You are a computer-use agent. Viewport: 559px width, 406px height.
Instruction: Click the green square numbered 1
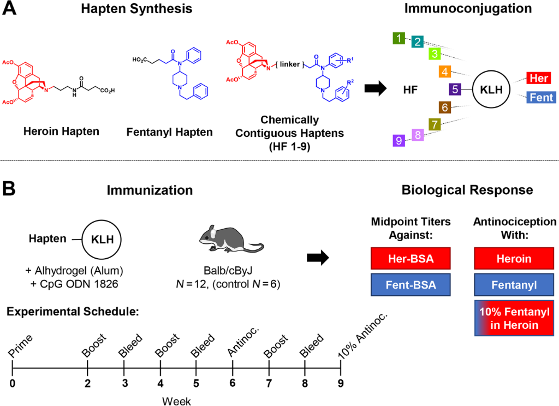pyautogui.click(x=400, y=38)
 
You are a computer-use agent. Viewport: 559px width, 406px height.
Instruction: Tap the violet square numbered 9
pyautogui.click(x=400, y=140)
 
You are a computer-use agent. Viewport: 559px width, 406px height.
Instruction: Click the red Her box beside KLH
pyautogui.click(x=539, y=78)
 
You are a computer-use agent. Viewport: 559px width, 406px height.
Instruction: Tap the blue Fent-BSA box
pyautogui.click(x=411, y=285)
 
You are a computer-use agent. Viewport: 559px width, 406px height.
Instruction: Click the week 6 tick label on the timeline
pyautogui.click(x=233, y=383)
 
